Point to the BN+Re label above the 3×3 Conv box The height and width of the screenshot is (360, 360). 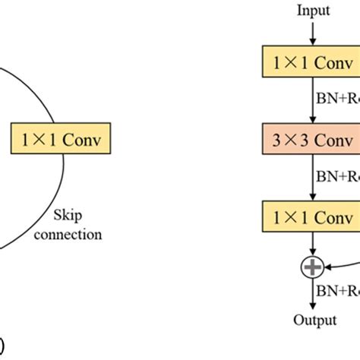pos(337,99)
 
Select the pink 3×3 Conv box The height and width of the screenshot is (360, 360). pos(311,140)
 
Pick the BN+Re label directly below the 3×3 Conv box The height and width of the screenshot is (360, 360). pos(337,177)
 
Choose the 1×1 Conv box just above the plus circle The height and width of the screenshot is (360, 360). pos(311,217)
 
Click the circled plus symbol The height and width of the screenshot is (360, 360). pos(313,266)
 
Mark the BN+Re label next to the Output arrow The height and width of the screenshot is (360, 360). pos(337,290)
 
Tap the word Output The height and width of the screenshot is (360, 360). pos(314,320)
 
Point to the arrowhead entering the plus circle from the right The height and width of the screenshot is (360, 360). pos(329,266)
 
